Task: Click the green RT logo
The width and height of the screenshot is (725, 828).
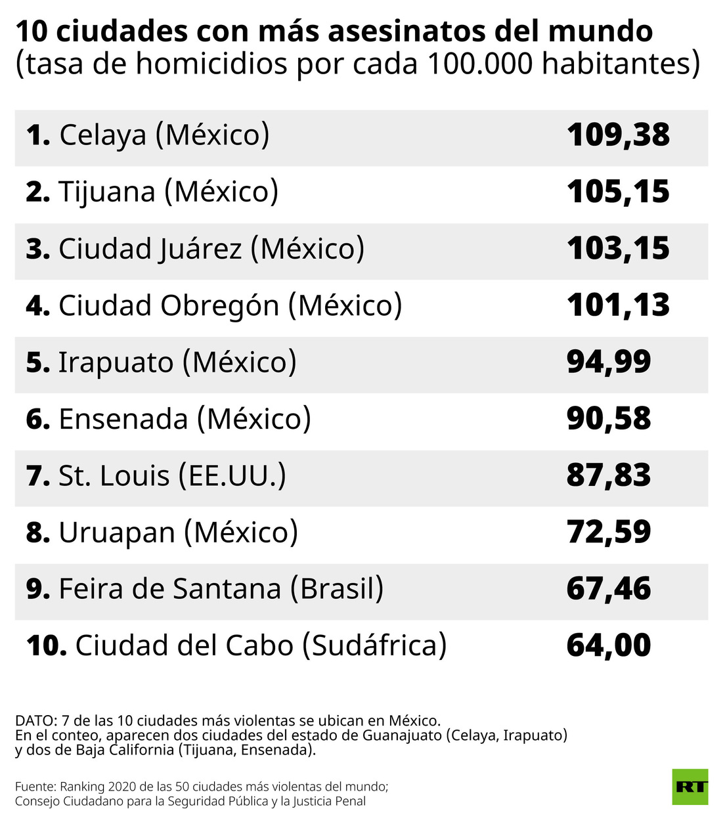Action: (x=690, y=786)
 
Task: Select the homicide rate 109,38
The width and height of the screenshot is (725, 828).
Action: (x=618, y=135)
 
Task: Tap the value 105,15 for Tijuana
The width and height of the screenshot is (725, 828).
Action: (x=618, y=192)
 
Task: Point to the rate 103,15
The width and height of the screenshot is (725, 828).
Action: (x=618, y=249)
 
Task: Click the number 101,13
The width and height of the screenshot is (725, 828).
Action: (x=618, y=305)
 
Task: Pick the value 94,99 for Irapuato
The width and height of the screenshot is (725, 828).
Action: (x=609, y=362)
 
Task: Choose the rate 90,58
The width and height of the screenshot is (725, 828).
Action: (x=609, y=419)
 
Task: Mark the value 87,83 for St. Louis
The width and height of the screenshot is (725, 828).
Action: (x=609, y=475)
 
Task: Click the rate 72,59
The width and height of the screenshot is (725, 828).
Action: (x=609, y=532)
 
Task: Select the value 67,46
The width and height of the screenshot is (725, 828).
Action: (x=609, y=589)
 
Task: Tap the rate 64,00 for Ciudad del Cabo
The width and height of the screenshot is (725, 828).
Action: (x=609, y=645)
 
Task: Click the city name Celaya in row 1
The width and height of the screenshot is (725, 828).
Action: (x=103, y=136)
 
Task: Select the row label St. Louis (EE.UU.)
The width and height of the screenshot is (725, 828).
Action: (x=172, y=476)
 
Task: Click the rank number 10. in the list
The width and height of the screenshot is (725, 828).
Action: (x=47, y=646)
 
